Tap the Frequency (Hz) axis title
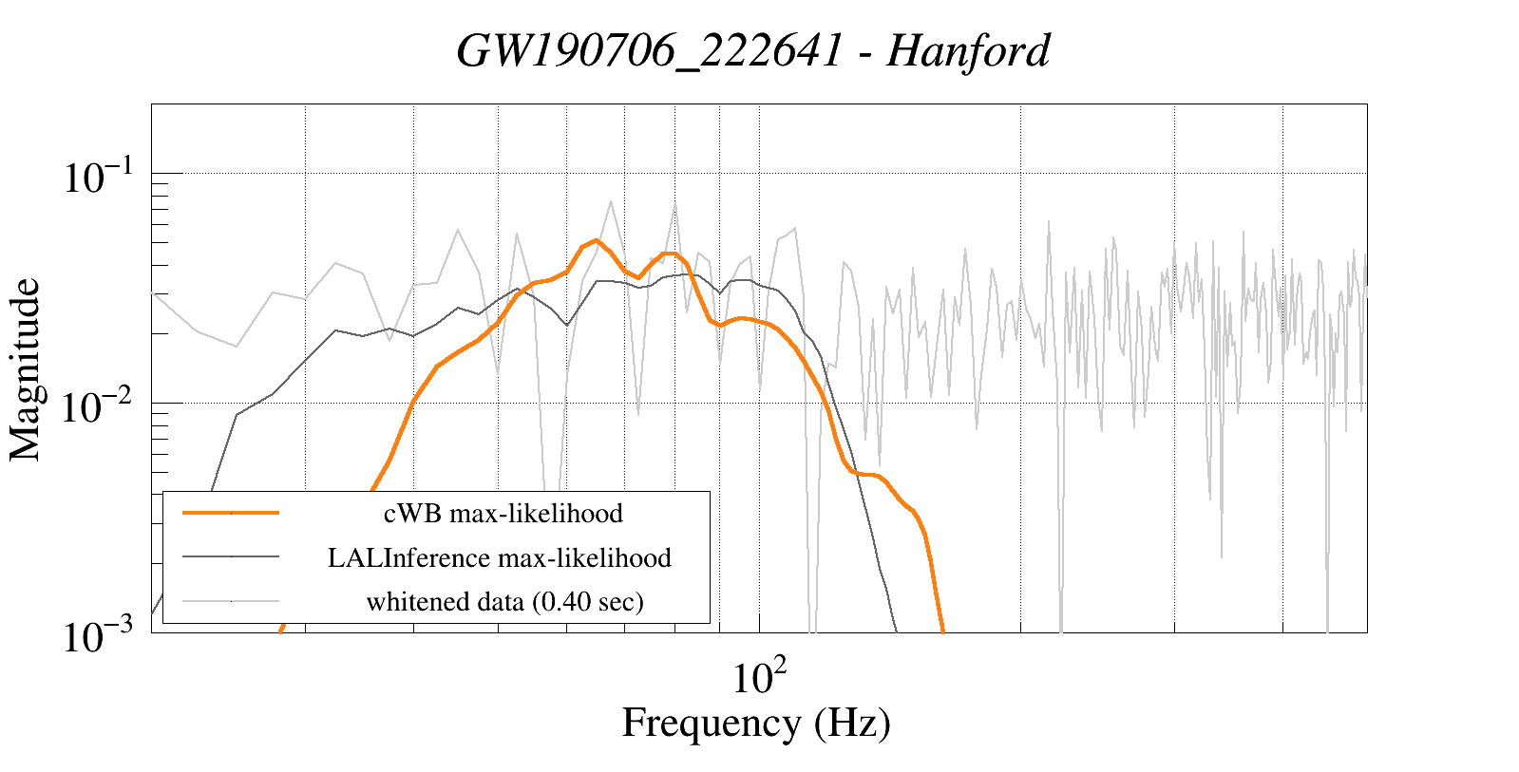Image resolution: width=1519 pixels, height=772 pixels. click(x=756, y=724)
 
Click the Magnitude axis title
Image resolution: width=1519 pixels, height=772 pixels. click(x=26, y=369)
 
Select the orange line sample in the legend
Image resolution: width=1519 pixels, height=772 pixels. click(x=231, y=513)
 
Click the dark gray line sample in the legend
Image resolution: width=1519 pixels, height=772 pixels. click(x=231, y=557)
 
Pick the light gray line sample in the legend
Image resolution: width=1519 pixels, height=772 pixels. click(x=231, y=601)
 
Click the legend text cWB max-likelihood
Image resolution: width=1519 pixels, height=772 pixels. click(x=503, y=514)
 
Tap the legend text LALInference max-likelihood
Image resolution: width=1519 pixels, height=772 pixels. click(x=500, y=557)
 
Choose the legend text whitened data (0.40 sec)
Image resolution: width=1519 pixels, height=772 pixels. click(x=504, y=601)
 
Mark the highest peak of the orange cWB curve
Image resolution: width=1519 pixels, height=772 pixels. click(x=596, y=240)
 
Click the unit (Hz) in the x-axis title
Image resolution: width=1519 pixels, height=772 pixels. click(x=852, y=724)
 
